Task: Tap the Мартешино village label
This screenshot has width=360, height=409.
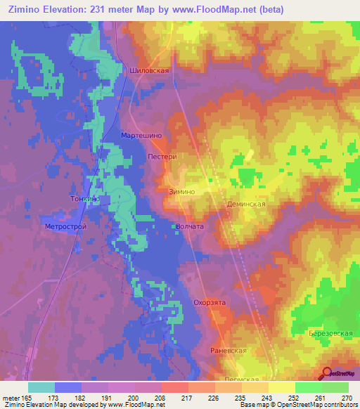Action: (142, 134)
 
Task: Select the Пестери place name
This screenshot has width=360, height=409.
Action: (162, 157)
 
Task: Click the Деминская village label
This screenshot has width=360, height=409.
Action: (245, 204)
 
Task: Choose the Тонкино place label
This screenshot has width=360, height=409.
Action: (84, 200)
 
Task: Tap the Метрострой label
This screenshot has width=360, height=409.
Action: (65, 227)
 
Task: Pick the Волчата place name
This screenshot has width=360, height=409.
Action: (190, 227)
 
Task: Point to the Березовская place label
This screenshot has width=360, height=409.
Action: (330, 332)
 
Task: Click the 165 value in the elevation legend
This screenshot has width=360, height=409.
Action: (27, 398)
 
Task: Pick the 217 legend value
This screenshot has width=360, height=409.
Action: (187, 398)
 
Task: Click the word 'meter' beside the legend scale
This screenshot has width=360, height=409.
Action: (11, 398)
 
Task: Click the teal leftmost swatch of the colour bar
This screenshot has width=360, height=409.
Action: (41, 387)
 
